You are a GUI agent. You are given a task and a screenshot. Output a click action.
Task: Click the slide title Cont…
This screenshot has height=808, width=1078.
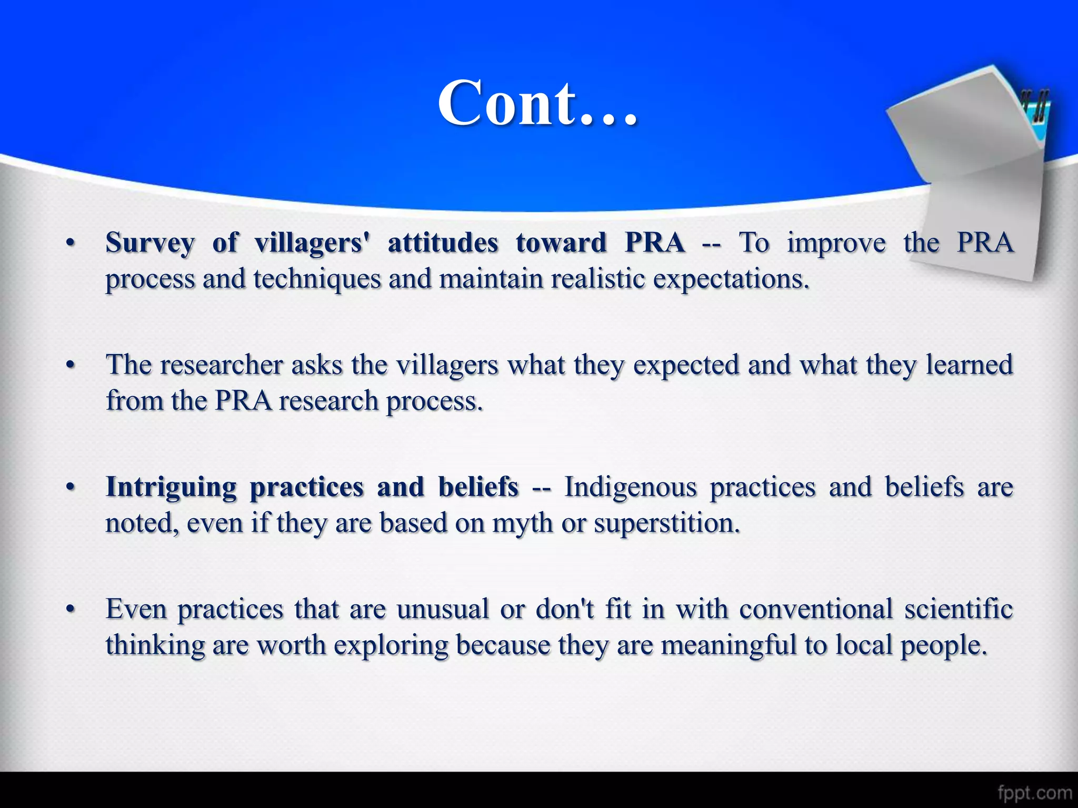click(x=537, y=103)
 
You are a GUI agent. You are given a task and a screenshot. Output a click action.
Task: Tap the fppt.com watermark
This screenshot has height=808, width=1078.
click(x=1034, y=792)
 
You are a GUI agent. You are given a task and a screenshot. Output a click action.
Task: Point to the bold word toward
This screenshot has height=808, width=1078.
click(x=561, y=243)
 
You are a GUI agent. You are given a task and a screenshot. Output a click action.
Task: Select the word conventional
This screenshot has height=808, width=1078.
click(x=816, y=610)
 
